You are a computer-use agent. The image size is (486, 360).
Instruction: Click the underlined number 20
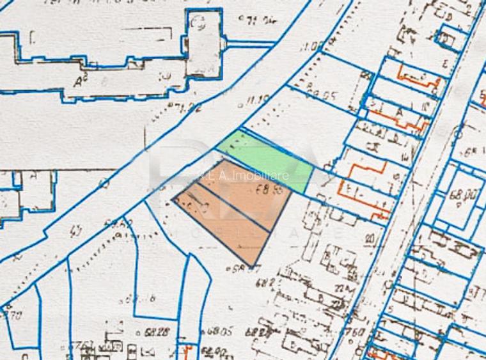[x=370, y=239]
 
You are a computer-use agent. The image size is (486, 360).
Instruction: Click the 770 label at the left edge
[x=14, y=315]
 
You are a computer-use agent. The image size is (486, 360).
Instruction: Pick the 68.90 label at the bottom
[x=214, y=351]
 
